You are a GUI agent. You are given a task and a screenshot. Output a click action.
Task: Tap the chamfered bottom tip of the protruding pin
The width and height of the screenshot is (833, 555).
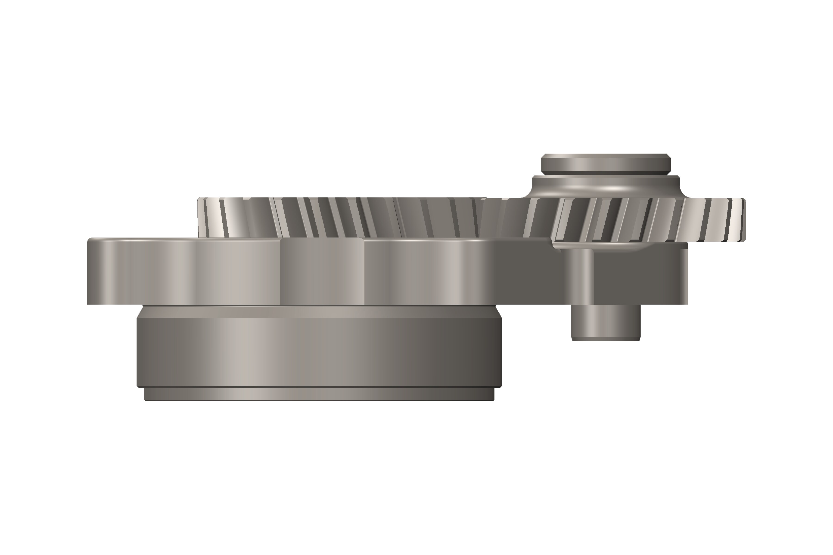tap(606, 339)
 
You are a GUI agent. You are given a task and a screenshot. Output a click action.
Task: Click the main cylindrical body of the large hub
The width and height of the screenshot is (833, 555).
tap(319, 350)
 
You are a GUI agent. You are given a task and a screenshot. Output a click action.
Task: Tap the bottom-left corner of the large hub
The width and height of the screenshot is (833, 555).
tap(139, 385)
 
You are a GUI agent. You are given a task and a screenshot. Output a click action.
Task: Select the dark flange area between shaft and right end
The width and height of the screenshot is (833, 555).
tap(637, 276)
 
